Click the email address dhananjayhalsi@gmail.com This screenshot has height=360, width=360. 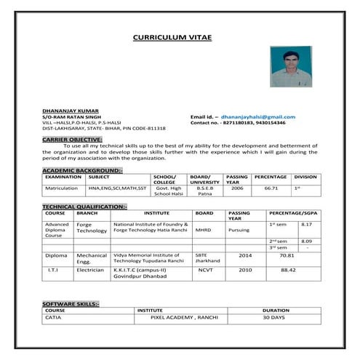258,116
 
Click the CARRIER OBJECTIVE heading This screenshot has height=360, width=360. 72,138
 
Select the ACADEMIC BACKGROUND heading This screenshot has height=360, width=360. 82,169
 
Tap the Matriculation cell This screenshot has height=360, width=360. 61,187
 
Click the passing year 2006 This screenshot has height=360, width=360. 237,187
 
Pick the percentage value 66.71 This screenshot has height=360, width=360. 271,187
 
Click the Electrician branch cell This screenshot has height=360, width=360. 91,269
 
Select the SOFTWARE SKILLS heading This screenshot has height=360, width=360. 71,303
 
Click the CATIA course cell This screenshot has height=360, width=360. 53,317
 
